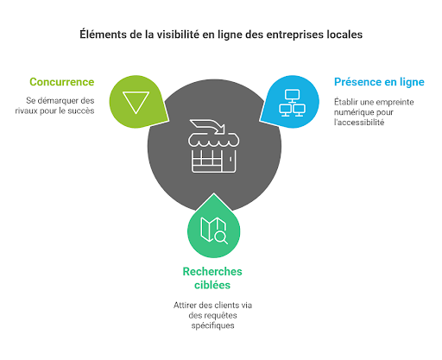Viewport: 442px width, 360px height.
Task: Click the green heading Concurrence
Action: [x=62, y=82]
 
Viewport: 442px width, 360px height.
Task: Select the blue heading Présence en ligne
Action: [x=379, y=82]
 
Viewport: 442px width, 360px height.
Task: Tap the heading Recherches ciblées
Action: [x=212, y=278]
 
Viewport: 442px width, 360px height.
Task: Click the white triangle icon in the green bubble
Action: [x=136, y=103]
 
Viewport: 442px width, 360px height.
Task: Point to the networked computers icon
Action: [x=292, y=103]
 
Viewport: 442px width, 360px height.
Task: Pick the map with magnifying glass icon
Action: [x=214, y=231]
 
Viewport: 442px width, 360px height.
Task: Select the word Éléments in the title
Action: [x=103, y=35]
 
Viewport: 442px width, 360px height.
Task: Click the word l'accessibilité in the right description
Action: [x=359, y=123]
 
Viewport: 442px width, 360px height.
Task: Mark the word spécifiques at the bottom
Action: [x=212, y=325]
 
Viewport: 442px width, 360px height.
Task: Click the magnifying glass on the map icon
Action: [x=222, y=237]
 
